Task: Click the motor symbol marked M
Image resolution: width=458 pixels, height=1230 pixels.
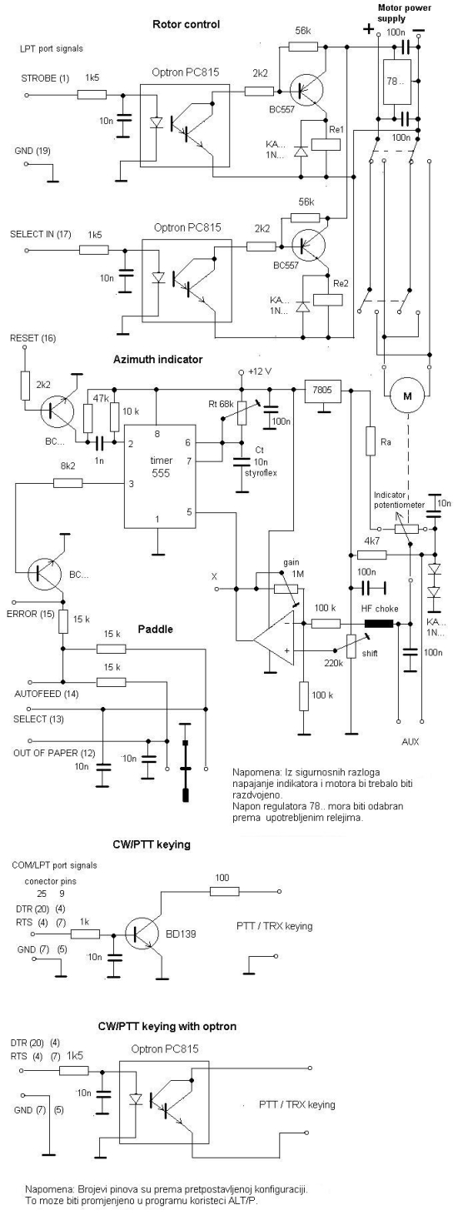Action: [407, 396]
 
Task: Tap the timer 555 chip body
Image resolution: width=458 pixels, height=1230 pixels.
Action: [160, 476]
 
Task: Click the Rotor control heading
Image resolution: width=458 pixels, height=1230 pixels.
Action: [187, 24]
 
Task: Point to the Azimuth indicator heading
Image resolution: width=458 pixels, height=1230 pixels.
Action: [157, 360]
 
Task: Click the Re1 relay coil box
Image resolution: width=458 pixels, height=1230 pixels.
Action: [327, 143]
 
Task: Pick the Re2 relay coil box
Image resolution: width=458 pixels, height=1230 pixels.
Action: [327, 299]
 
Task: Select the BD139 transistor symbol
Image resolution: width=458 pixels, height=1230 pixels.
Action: [142, 934]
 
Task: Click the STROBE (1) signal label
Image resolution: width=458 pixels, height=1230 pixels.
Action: [45, 78]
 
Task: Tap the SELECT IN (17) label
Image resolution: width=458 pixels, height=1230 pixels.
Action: [41, 235]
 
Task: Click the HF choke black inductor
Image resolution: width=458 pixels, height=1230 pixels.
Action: [379, 623]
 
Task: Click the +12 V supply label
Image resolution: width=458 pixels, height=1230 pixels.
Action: [260, 371]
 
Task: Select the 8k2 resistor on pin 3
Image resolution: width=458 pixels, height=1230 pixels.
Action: [68, 483]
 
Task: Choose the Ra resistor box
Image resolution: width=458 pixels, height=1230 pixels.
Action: [370, 441]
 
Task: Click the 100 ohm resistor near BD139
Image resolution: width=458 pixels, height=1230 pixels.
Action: [225, 891]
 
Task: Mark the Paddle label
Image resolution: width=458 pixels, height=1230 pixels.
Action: [155, 630]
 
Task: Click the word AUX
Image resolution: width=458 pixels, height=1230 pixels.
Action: [411, 741]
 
